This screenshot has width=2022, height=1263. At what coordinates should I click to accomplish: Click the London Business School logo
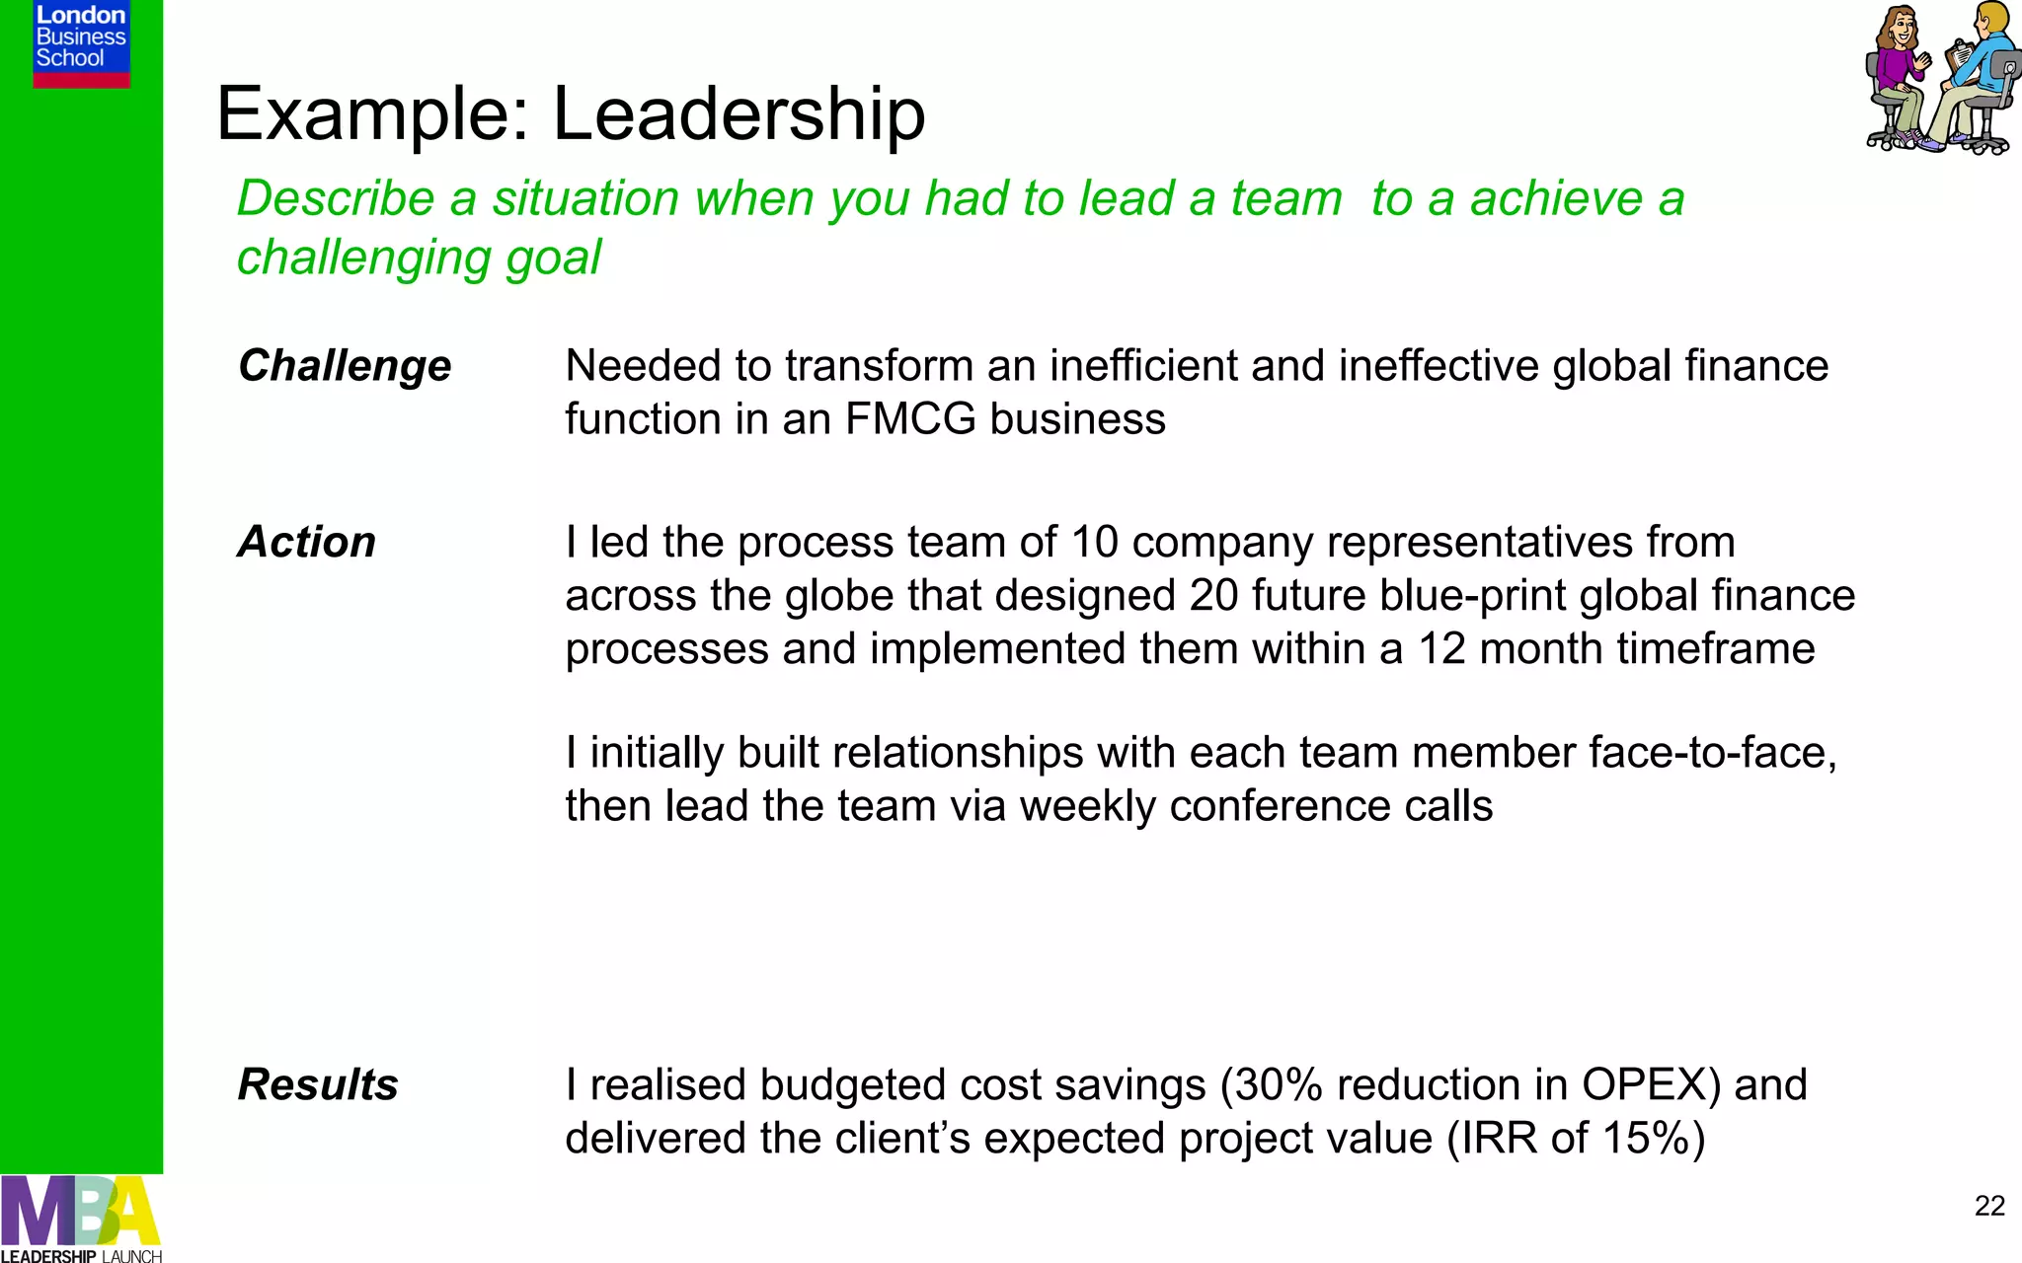[81, 43]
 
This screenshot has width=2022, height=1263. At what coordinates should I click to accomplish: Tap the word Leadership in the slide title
[739, 113]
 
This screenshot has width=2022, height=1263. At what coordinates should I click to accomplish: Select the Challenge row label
[345, 366]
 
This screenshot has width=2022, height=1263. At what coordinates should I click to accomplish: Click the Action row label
[307, 543]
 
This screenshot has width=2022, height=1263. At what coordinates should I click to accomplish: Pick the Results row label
[318, 1085]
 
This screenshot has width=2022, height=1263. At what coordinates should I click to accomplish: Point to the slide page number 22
[1989, 1206]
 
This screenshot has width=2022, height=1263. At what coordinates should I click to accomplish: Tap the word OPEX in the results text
[1651, 1085]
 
